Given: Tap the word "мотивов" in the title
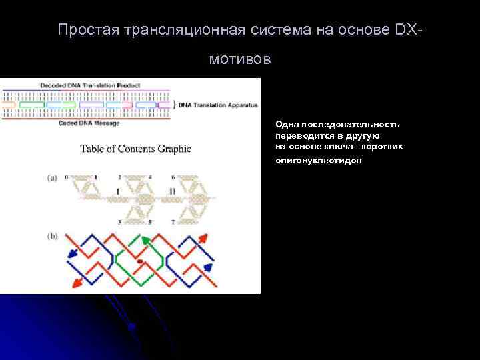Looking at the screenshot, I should (240, 59).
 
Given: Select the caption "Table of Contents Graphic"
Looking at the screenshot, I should (136, 149).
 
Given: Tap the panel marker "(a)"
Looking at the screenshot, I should (52, 178).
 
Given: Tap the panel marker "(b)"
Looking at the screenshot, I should (52, 237).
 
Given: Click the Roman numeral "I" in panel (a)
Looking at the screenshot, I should (118, 191).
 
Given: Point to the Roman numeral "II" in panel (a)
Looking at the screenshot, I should (172, 191).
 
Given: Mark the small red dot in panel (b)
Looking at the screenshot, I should (139, 261).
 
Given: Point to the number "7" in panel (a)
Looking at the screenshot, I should (173, 221).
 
